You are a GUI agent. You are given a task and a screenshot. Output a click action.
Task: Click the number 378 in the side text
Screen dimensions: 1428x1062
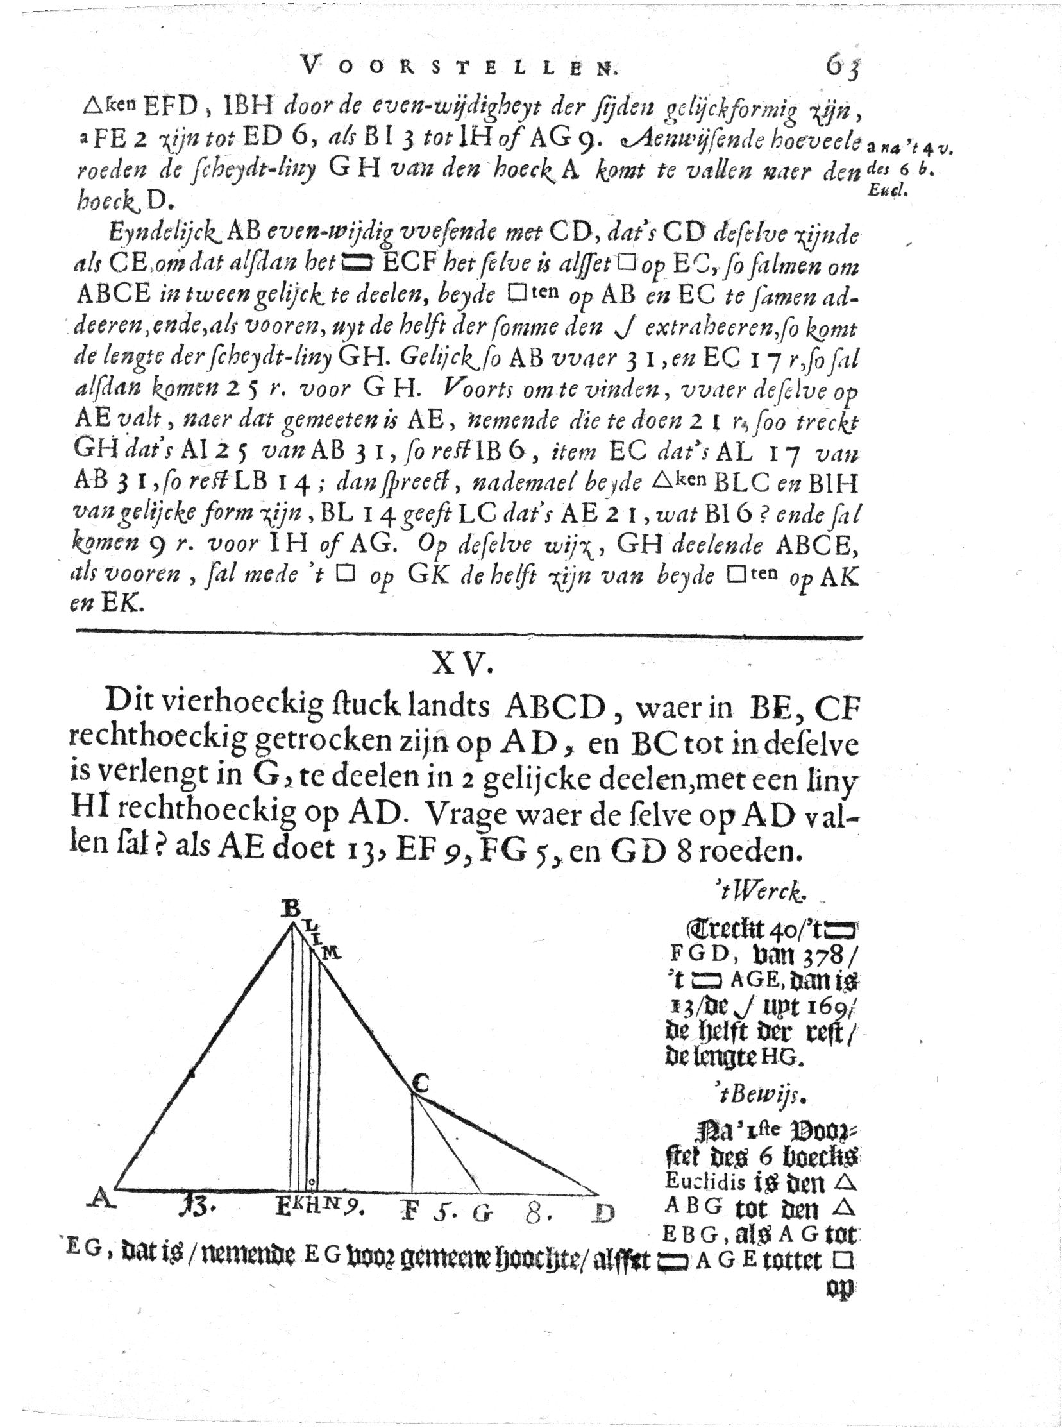(823, 955)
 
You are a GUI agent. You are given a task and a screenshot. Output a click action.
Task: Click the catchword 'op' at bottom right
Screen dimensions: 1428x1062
(841, 1289)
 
